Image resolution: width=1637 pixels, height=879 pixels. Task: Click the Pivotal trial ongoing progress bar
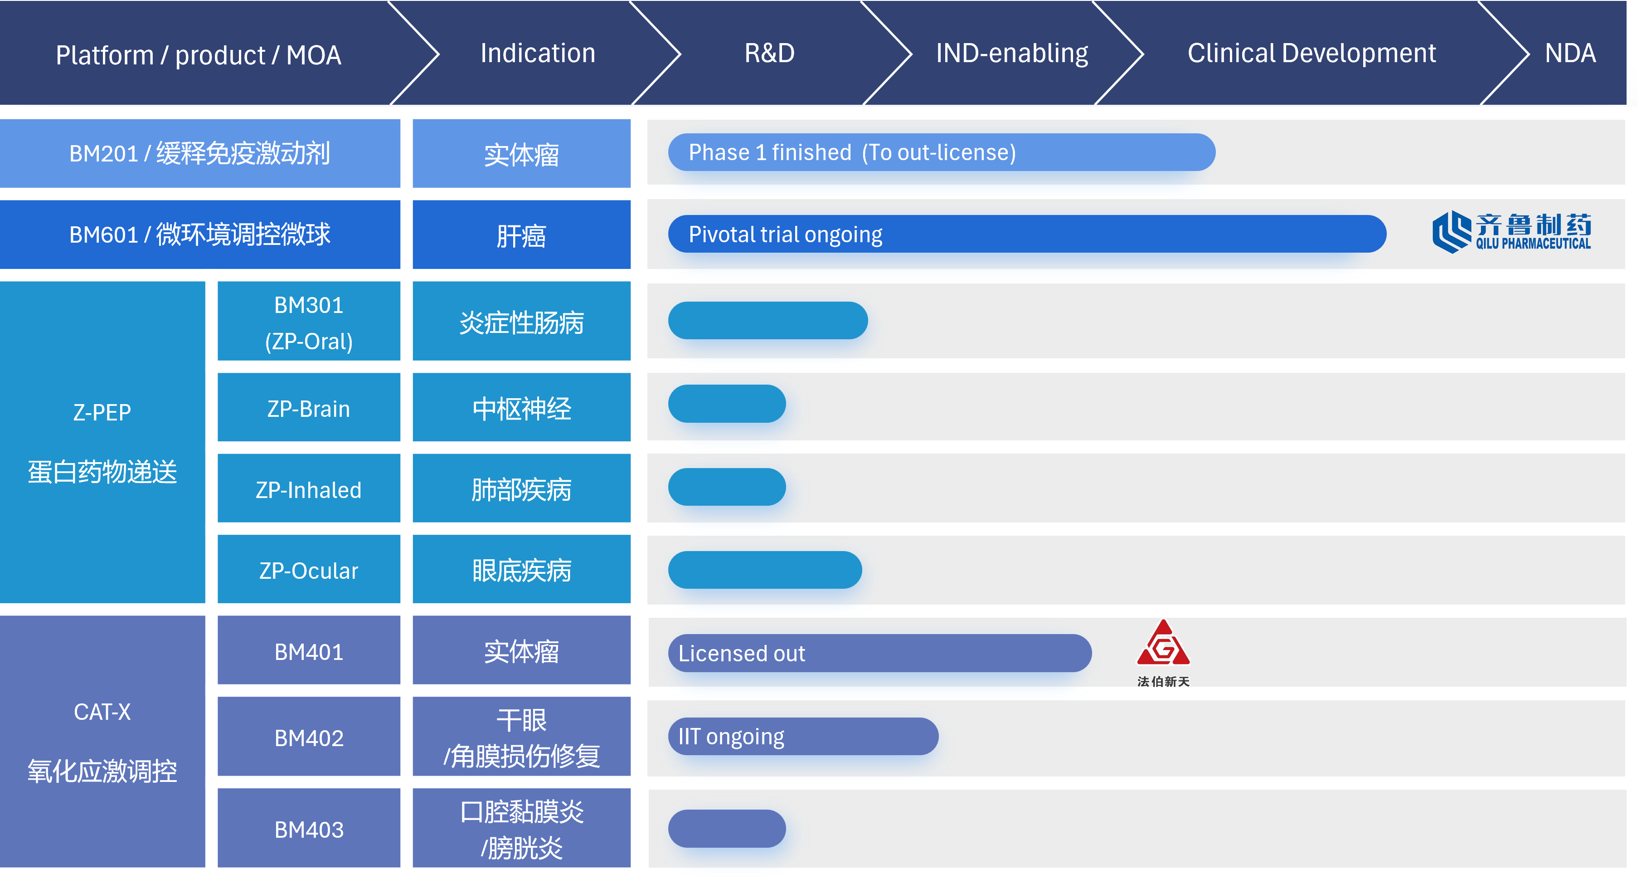[x=1027, y=234]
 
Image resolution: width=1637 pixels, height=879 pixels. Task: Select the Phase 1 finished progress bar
[x=941, y=152]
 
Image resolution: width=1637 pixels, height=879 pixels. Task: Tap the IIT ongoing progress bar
[x=803, y=737]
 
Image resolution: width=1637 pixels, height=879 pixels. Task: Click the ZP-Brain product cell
[x=309, y=407]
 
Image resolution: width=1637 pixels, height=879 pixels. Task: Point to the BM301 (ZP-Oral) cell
[x=309, y=322]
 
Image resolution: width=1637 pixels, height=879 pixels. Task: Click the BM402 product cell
[x=309, y=737]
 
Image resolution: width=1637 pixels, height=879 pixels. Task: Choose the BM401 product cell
[x=309, y=651]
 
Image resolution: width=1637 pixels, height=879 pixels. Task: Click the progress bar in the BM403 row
[x=727, y=829]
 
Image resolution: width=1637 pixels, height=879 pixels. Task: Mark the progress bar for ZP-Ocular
[x=765, y=570]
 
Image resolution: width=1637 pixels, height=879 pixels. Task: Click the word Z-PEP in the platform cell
[x=102, y=412]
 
